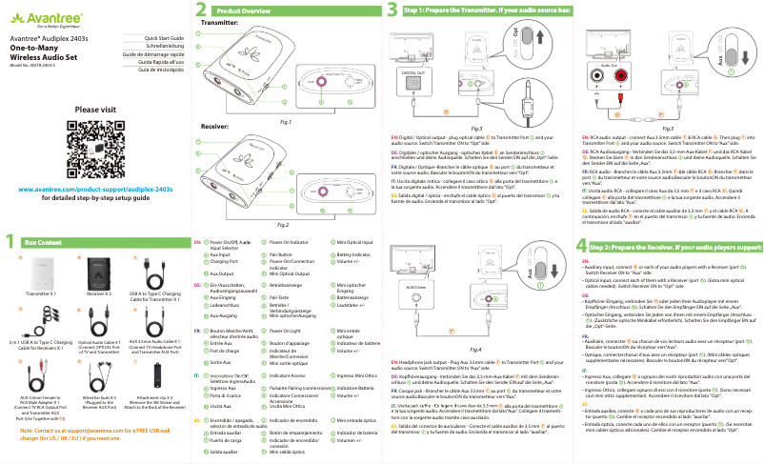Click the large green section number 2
pos(200,9)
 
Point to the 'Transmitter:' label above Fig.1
pos(221,21)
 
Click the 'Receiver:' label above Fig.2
pos(215,125)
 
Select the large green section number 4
pos(581,245)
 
